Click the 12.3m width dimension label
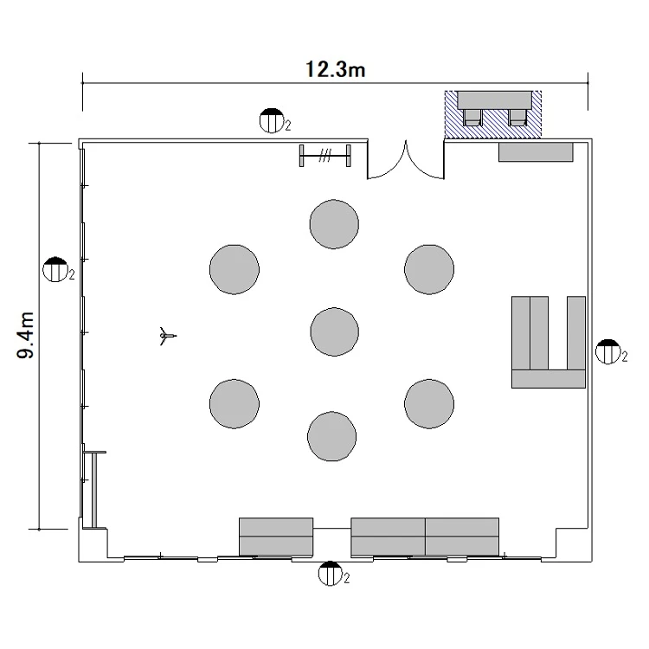click(x=335, y=69)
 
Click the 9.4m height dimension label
click(x=25, y=335)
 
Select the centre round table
click(x=334, y=331)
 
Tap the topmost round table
click(x=334, y=224)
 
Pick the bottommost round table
click(x=332, y=436)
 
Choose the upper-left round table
click(x=235, y=269)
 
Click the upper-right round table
click(x=429, y=269)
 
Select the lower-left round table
click(x=235, y=403)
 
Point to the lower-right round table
click(x=429, y=403)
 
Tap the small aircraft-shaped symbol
click(x=167, y=336)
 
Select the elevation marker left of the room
click(x=55, y=269)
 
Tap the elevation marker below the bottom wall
click(x=331, y=573)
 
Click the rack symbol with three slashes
click(x=325, y=156)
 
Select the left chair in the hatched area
click(x=472, y=118)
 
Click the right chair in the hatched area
click(x=517, y=118)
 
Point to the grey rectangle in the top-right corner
click(x=536, y=152)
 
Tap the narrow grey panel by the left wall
click(x=94, y=490)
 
